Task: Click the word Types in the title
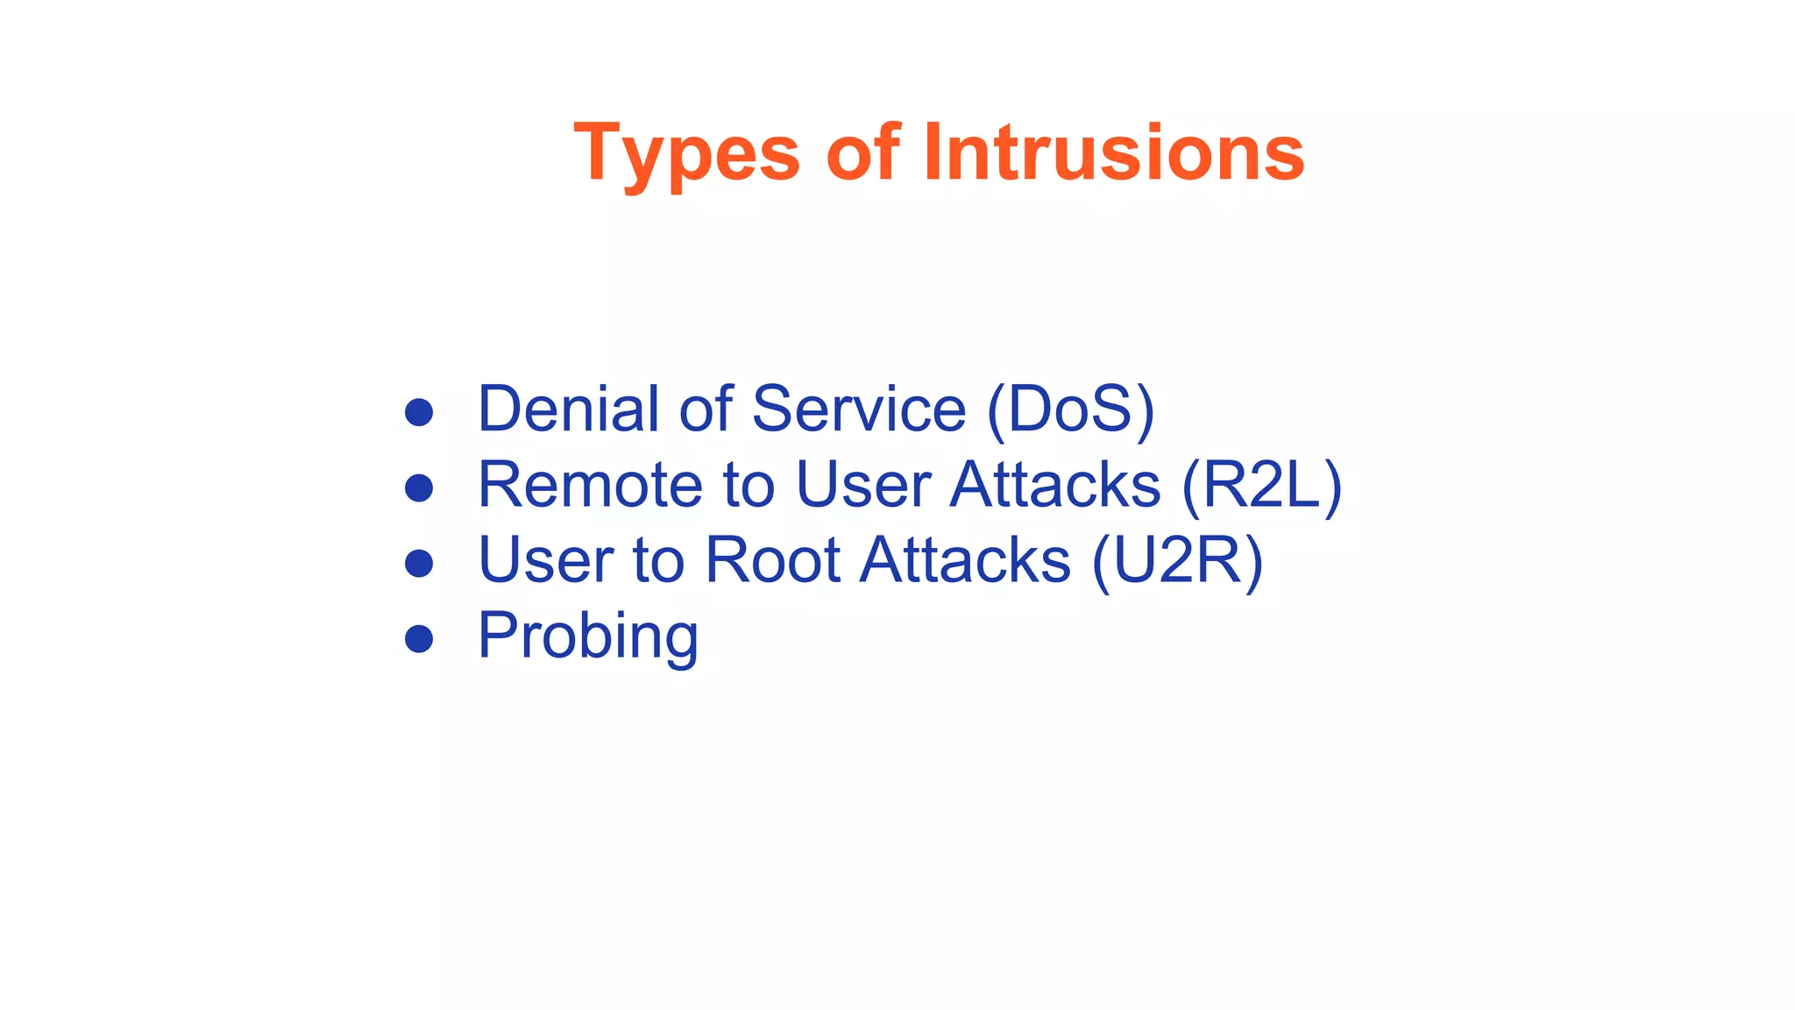click(x=686, y=154)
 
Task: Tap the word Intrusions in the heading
click(x=1113, y=153)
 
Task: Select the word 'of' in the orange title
click(x=862, y=153)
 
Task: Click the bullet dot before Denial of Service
click(x=419, y=412)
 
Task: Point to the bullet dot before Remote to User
click(x=419, y=487)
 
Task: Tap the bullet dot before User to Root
click(x=419, y=563)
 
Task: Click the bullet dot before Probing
click(x=419, y=638)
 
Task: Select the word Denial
click(x=567, y=409)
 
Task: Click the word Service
click(x=858, y=409)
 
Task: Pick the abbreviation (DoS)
click(x=1070, y=410)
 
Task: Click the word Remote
click(x=589, y=484)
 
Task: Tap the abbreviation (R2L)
click(x=1261, y=486)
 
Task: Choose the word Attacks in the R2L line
click(x=1054, y=484)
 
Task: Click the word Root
click(x=772, y=559)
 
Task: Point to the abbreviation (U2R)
click(x=1177, y=561)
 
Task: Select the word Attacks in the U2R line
click(x=964, y=559)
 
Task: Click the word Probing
click(x=587, y=637)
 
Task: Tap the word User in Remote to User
click(x=862, y=484)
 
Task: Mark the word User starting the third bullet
click(x=544, y=559)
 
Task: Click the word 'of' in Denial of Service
click(x=705, y=409)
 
